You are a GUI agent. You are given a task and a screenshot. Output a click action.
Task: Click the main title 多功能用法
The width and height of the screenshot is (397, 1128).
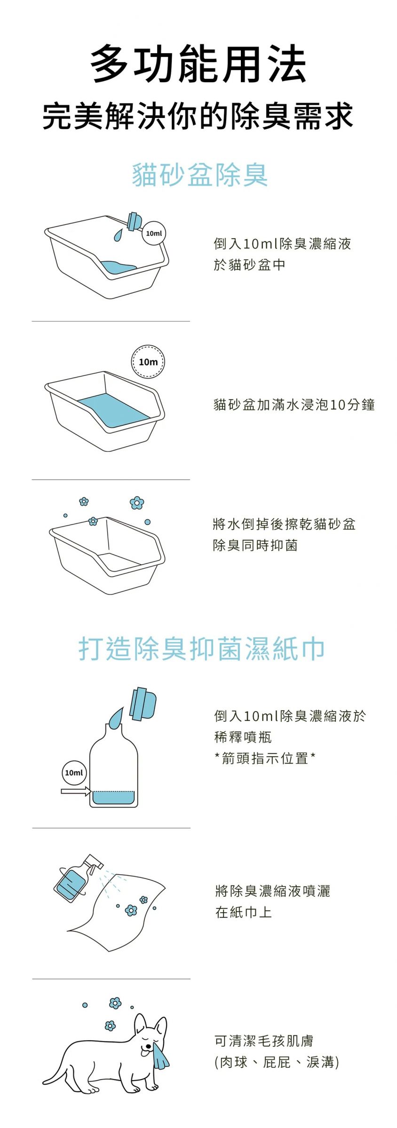point(198,64)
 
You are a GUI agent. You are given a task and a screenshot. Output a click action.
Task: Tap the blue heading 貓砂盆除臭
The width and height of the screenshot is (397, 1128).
point(200,175)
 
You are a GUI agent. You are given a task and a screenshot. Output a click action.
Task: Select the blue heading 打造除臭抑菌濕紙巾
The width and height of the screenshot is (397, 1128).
point(201,649)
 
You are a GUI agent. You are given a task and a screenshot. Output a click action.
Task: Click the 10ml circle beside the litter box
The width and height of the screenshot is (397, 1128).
point(154,233)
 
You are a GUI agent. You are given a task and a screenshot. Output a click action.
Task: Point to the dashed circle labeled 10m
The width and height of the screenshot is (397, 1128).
point(148,362)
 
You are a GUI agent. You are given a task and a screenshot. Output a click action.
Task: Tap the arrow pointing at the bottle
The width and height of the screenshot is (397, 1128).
point(76,792)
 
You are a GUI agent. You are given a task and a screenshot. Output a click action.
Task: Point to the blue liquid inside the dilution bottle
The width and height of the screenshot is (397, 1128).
point(113,798)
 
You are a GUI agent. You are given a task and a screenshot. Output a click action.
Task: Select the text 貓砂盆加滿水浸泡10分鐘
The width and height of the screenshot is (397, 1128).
point(294,405)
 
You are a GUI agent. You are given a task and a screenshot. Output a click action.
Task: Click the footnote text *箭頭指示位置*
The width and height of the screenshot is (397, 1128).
point(265,758)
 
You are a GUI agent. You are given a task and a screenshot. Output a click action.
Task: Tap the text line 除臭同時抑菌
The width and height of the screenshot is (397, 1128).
point(255,545)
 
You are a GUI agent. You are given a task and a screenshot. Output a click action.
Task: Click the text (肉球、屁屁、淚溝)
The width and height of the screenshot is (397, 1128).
point(276,1062)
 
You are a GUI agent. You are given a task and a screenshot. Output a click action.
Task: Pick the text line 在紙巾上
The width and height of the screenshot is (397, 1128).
point(243,912)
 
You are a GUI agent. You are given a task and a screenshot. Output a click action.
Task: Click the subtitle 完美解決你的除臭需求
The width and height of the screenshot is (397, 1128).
point(198,116)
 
